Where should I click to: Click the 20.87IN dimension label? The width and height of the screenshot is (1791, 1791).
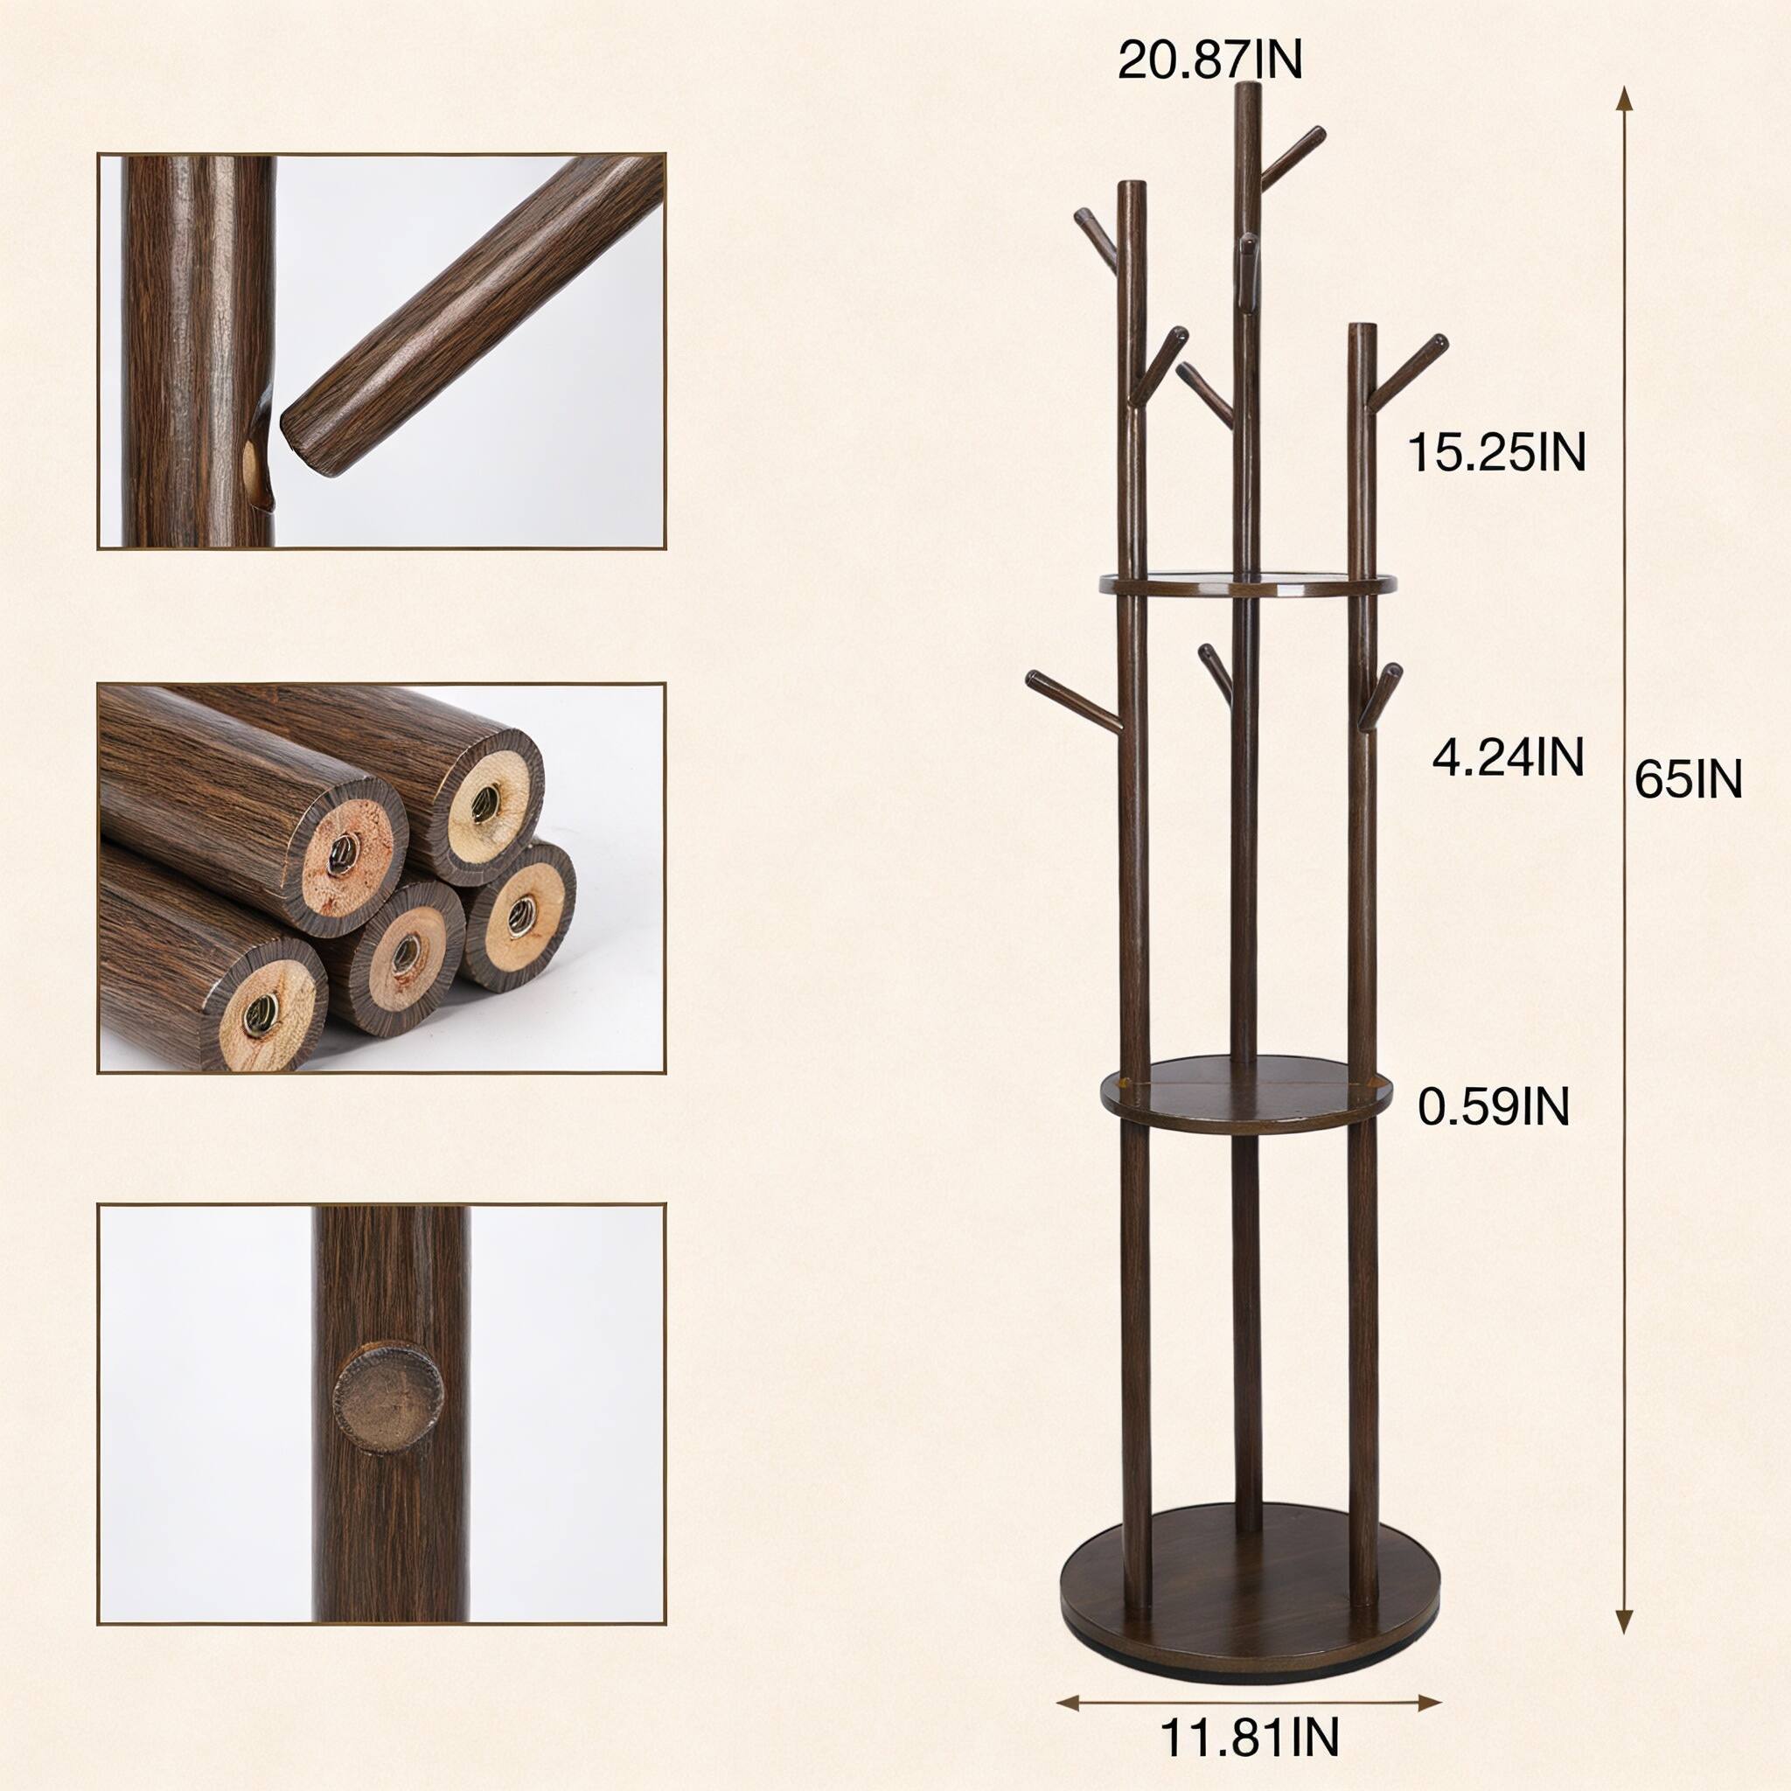pyautogui.click(x=1209, y=60)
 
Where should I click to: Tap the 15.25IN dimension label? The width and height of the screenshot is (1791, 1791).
pyautogui.click(x=1496, y=453)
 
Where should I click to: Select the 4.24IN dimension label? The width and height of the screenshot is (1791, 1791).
pyautogui.click(x=1508, y=757)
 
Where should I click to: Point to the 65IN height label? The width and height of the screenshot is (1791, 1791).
pyautogui.click(x=1688, y=778)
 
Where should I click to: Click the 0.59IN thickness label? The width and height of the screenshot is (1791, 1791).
pyautogui.click(x=1494, y=1106)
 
